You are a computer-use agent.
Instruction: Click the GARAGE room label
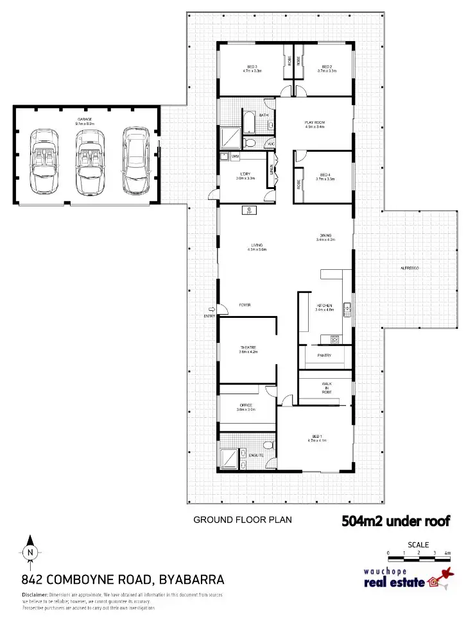point(85,120)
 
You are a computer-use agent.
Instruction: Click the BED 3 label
point(252,67)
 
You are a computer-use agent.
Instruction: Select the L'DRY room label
point(246,174)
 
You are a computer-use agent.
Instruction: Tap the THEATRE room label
point(248,347)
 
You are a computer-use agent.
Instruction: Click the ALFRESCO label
point(410,268)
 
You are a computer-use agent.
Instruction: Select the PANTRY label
point(325,354)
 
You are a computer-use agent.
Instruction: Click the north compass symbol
point(30,551)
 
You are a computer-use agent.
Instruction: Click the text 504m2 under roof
point(395,521)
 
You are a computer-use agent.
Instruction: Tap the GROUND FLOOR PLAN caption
point(243,520)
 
